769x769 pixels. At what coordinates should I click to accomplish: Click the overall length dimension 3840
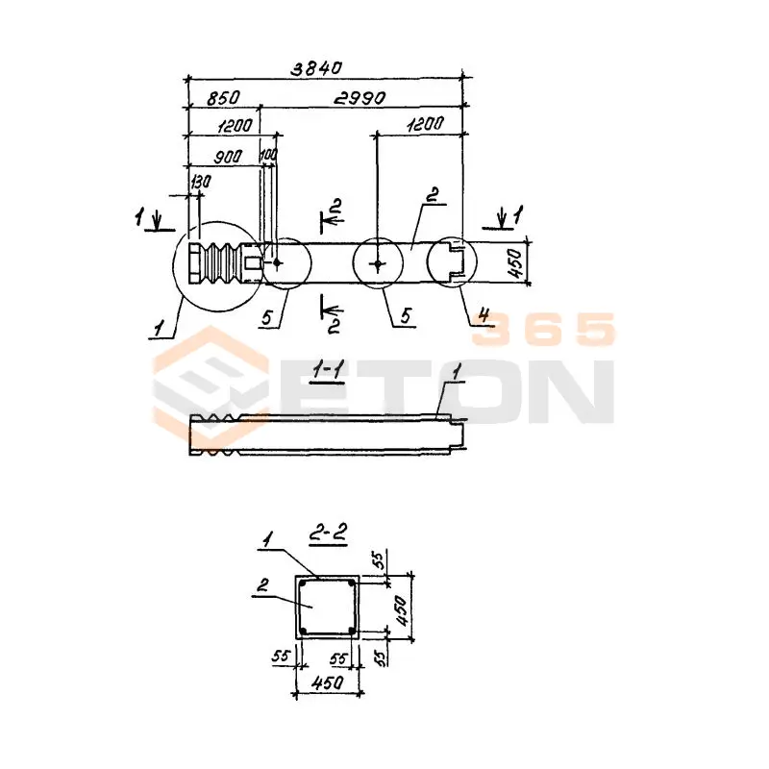(x=316, y=68)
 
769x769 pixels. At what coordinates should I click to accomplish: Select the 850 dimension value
(x=223, y=98)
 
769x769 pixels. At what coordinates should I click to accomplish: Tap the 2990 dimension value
(x=360, y=98)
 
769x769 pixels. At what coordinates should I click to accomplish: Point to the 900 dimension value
(x=228, y=157)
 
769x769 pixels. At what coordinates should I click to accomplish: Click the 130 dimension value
(x=200, y=182)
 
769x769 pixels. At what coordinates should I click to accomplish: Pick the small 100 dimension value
(x=269, y=155)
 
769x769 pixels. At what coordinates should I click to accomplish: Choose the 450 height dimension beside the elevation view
(x=515, y=263)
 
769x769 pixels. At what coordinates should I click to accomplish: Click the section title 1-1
(x=328, y=370)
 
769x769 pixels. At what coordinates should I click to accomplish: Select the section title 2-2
(x=329, y=533)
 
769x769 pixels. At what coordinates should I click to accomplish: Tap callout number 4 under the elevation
(x=484, y=314)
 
